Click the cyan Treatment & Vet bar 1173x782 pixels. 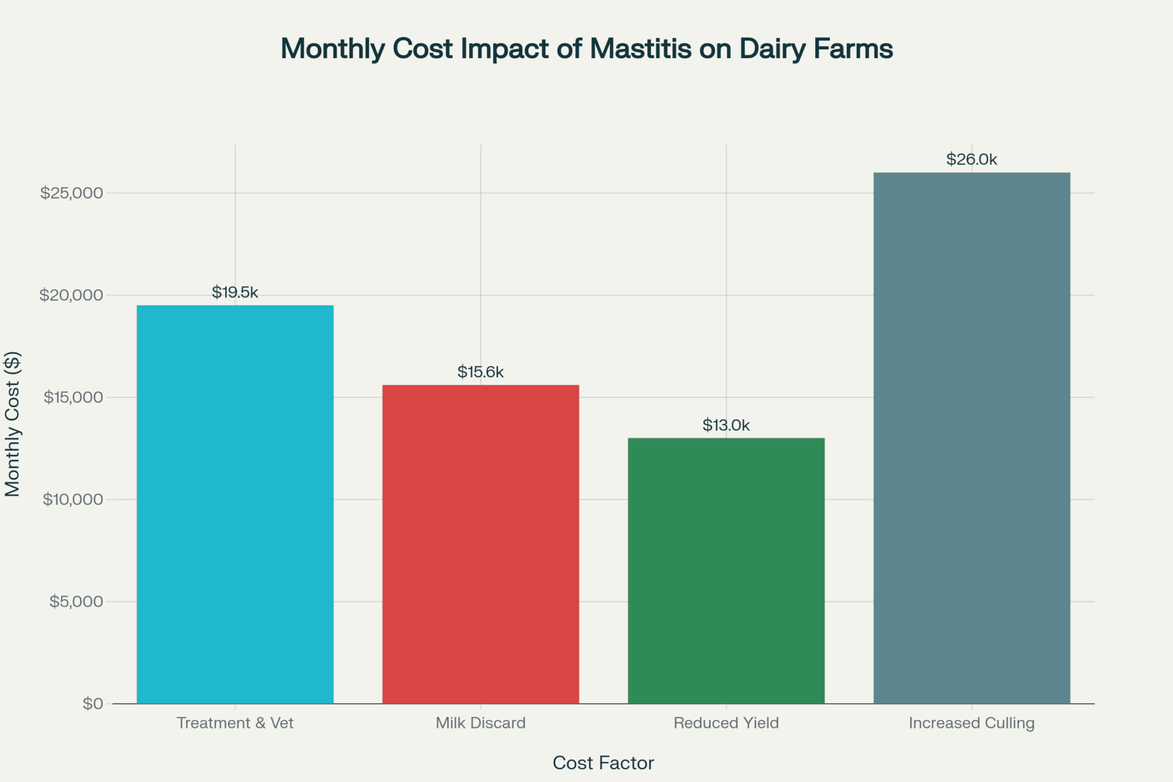click(235, 505)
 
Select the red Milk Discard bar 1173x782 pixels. click(480, 544)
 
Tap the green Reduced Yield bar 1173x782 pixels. click(726, 571)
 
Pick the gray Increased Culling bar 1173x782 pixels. click(972, 438)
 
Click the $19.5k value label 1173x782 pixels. click(235, 292)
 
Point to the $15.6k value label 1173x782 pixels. click(480, 372)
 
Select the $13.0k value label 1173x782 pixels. click(726, 425)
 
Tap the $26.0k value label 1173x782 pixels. click(972, 160)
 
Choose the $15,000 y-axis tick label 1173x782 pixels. click(73, 397)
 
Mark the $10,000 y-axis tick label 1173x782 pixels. click(73, 499)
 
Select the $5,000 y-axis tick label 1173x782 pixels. click(76, 601)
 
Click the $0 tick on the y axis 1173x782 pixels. click(93, 703)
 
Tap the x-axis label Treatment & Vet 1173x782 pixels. click(235, 723)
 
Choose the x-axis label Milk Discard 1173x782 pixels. click(480, 723)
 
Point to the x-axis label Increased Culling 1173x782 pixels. click(972, 723)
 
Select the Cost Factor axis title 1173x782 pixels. click(603, 763)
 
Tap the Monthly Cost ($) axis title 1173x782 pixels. click(13, 424)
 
